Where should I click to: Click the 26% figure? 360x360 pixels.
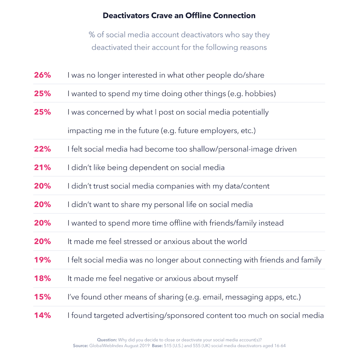click(x=42, y=75)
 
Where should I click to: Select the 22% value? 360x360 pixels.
click(x=42, y=149)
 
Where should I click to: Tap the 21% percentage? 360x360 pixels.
click(x=42, y=167)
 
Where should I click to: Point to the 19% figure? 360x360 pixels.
click(x=42, y=260)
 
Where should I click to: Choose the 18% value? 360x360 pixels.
click(x=42, y=278)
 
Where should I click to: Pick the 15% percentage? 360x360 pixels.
click(x=42, y=297)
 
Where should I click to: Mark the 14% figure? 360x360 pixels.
click(x=42, y=315)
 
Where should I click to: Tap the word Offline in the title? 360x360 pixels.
click(x=198, y=16)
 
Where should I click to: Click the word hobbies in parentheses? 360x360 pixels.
click(x=259, y=94)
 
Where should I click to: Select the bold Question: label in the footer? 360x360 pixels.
click(x=107, y=340)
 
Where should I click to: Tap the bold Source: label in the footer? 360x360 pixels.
click(x=80, y=346)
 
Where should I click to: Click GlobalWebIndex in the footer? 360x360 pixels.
click(x=107, y=346)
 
